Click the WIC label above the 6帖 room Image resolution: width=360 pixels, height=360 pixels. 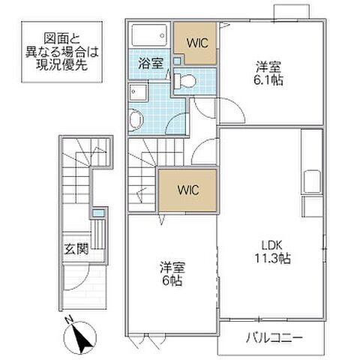click(188, 190)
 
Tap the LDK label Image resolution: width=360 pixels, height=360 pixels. click(270, 244)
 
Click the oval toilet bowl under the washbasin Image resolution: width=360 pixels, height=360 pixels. click(134, 119)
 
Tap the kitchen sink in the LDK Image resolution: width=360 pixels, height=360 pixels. click(313, 181)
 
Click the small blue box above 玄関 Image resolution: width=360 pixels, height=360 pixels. click(97, 215)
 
